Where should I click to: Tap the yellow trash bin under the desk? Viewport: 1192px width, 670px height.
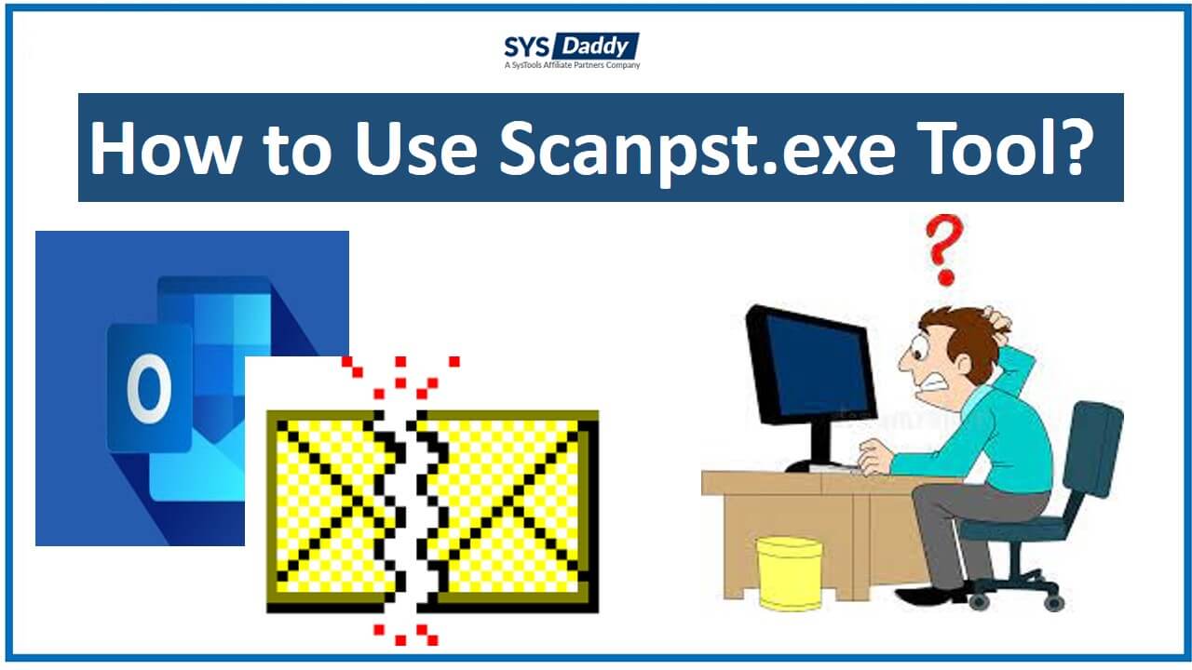click(789, 573)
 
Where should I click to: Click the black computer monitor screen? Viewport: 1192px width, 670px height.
click(810, 364)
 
